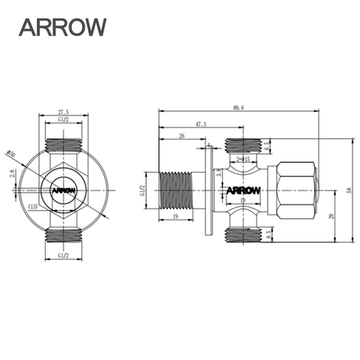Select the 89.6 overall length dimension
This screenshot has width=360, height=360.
[x=238, y=108]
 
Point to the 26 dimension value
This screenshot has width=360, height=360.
[x=182, y=136]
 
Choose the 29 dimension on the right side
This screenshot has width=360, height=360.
[x=331, y=216]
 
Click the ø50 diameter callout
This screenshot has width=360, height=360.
[x=12, y=154]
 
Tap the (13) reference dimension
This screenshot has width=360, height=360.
[x=33, y=206]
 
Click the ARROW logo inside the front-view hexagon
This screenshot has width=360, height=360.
[x=64, y=190]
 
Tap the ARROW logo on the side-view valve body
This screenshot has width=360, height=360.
[x=243, y=190]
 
